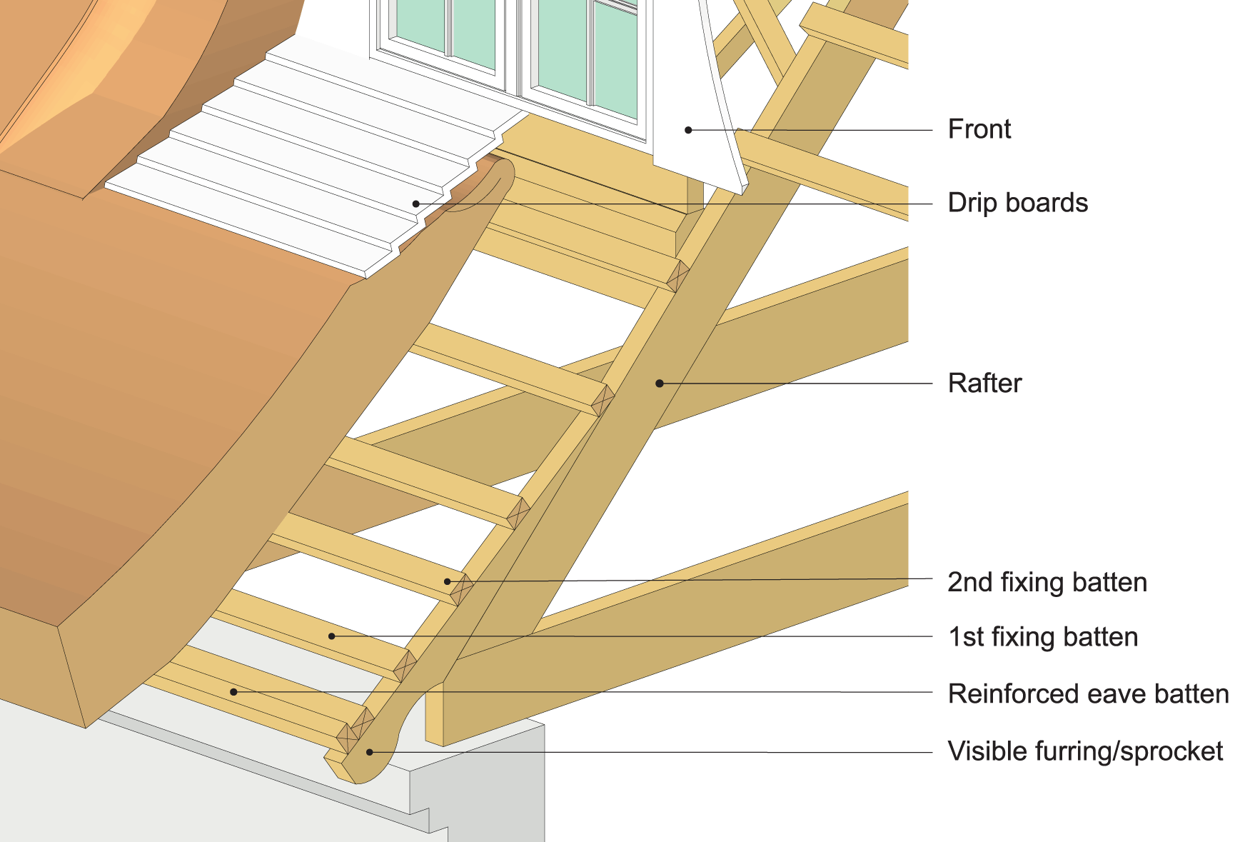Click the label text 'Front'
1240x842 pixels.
pyautogui.click(x=979, y=129)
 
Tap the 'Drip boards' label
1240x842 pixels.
pyautogui.click(x=1017, y=203)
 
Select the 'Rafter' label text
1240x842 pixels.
pyautogui.click(x=984, y=384)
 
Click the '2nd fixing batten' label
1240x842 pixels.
pyautogui.click(x=1047, y=582)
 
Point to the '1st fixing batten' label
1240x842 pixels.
pyautogui.click(x=1042, y=637)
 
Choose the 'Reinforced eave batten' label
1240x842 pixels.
pyautogui.click(x=1088, y=694)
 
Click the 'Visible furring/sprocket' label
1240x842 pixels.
pyautogui.click(x=1085, y=751)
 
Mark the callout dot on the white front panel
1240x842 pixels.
pyautogui.click(x=688, y=130)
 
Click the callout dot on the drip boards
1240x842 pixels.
pyautogui.click(x=415, y=204)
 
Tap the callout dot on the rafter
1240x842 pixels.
pyautogui.click(x=660, y=384)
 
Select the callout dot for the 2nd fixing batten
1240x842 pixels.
pyautogui.click(x=448, y=581)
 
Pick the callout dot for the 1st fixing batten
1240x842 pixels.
pyautogui.click(x=331, y=636)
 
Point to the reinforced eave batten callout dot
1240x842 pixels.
pyautogui.click(x=233, y=692)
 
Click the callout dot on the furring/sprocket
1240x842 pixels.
pyautogui.click(x=370, y=751)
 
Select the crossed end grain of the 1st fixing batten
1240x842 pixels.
pyautogui.click(x=405, y=666)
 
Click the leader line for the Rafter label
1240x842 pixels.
pyautogui.click(x=800, y=384)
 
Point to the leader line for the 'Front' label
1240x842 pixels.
pyautogui.click(x=821, y=130)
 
